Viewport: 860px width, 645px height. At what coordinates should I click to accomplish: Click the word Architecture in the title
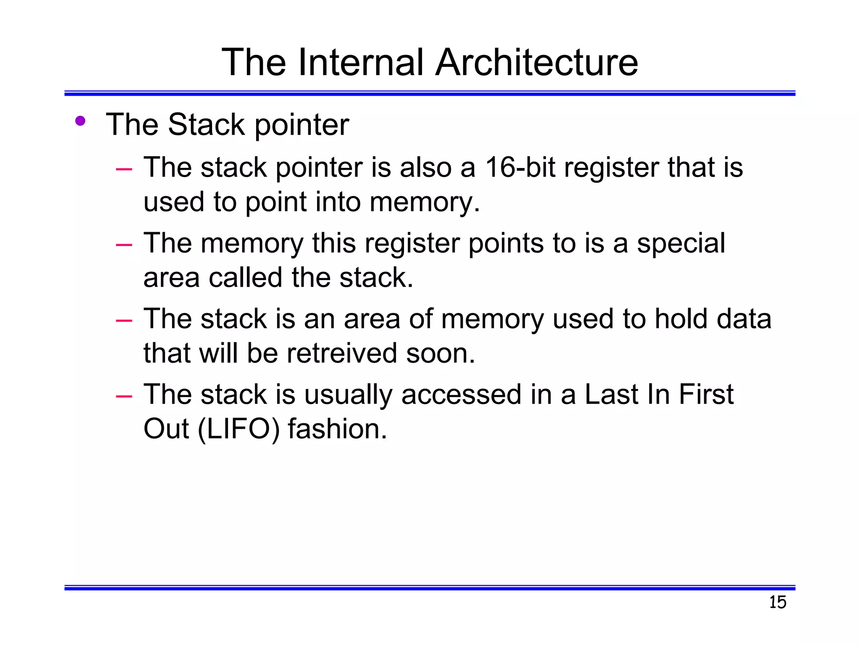coord(536,63)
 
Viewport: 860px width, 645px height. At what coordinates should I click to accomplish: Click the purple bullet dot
coord(80,121)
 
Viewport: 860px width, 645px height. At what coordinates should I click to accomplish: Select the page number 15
coord(777,602)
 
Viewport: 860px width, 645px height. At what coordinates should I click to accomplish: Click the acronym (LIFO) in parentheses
coord(238,429)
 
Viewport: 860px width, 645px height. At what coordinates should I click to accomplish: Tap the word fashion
coord(337,429)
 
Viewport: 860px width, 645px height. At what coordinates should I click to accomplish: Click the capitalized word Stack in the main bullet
coord(206,125)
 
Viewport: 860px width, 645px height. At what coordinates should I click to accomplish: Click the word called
coord(245,278)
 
